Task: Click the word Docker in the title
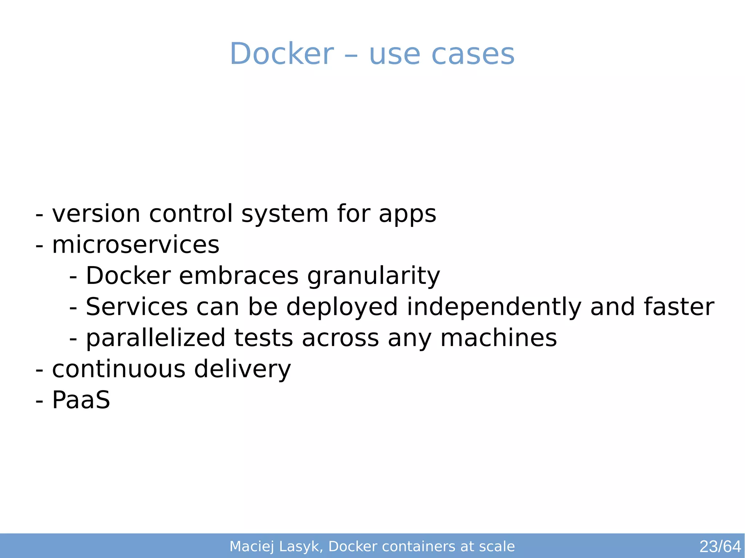282,54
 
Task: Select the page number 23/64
720,546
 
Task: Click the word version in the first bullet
96,214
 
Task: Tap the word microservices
136,245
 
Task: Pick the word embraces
239,276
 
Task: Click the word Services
136,307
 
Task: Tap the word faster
678,307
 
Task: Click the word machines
498,338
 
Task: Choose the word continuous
119,369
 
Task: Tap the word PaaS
81,400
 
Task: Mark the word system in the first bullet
285,214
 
